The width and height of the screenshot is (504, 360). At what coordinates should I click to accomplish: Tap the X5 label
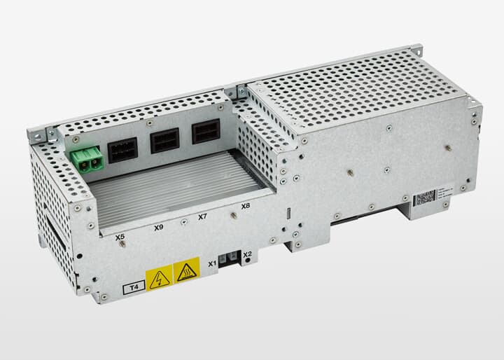[x=120, y=237]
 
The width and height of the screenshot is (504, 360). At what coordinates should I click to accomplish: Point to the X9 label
[x=158, y=228]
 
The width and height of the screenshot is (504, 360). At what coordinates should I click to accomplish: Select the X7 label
[x=202, y=217]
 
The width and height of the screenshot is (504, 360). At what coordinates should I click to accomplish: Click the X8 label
[x=245, y=207]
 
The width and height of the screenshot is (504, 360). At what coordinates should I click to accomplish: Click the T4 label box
[x=132, y=287]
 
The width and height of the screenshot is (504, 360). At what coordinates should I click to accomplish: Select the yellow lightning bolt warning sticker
[x=159, y=279]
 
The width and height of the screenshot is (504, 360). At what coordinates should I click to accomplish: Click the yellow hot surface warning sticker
[x=186, y=272]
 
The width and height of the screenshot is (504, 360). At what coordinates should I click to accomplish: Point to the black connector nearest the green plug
[x=122, y=150]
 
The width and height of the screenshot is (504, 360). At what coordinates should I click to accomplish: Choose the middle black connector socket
[x=164, y=141]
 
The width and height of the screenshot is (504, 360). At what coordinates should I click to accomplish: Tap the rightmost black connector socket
[x=205, y=132]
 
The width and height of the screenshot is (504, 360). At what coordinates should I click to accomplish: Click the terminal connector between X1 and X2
[x=230, y=259]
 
